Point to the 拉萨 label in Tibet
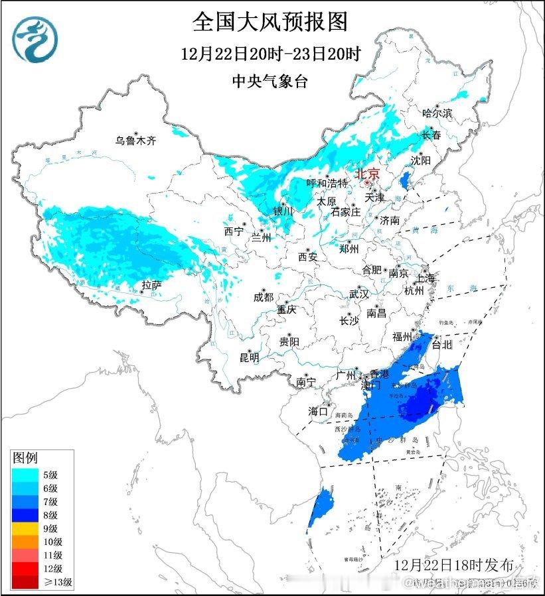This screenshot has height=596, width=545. (x=151, y=285)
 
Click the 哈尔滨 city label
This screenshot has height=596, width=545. (x=437, y=113)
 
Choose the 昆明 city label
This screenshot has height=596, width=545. (x=250, y=357)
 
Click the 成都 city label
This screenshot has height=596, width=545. (x=263, y=297)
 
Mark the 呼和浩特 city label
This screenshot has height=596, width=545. (x=327, y=183)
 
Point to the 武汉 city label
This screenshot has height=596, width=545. (x=358, y=294)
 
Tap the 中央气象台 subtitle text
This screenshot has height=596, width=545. (x=270, y=82)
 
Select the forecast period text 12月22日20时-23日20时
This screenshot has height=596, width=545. (x=272, y=54)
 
